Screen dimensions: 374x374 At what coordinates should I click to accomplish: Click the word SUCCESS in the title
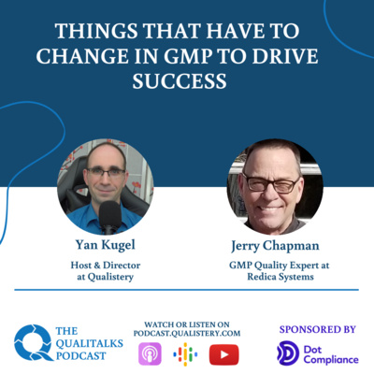pyautogui.click(x=180, y=80)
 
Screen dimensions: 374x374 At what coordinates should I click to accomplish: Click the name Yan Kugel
pyautogui.click(x=106, y=245)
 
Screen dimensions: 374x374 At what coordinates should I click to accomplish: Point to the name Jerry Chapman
pyautogui.click(x=275, y=246)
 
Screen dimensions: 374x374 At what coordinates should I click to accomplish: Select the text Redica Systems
pyautogui.click(x=280, y=277)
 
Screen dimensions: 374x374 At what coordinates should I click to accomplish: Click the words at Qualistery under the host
pyautogui.click(x=106, y=277)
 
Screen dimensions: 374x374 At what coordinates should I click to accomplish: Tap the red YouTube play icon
pyautogui.click(x=223, y=354)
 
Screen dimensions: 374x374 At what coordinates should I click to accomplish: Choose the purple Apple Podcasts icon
pyautogui.click(x=150, y=354)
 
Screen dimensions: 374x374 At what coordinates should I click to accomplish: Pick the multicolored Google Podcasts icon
pyautogui.click(x=185, y=354)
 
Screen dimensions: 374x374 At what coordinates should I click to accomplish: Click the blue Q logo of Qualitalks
pyautogui.click(x=33, y=342)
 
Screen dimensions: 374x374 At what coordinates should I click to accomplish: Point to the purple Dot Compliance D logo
pyautogui.click(x=288, y=353)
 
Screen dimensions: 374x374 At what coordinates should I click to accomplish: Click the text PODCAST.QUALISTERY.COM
pyautogui.click(x=187, y=334)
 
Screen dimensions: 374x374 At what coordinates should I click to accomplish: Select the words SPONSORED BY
pyautogui.click(x=318, y=329)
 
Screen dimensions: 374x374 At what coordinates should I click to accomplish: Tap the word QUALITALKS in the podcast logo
pyautogui.click(x=90, y=343)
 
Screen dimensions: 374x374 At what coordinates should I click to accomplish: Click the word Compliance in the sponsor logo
pyautogui.click(x=331, y=360)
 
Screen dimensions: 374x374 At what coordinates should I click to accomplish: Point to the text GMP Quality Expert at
pyautogui.click(x=280, y=266)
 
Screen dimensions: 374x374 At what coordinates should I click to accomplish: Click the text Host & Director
pyautogui.click(x=106, y=266)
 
